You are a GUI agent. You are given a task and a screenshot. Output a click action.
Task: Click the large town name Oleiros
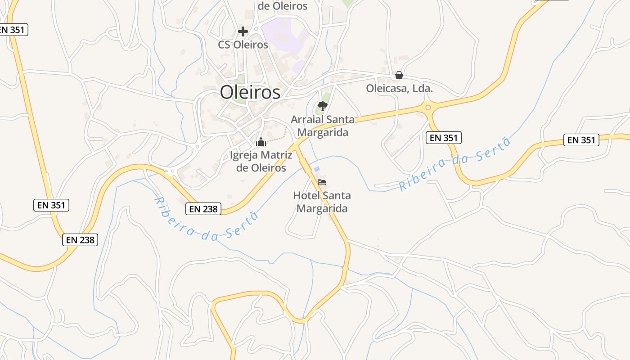click(x=250, y=92)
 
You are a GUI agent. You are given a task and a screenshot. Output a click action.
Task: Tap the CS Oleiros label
click(x=243, y=45)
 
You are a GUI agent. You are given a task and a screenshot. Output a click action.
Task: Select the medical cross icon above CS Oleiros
click(x=243, y=31)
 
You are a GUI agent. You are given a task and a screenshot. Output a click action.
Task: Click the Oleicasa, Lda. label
click(x=399, y=89)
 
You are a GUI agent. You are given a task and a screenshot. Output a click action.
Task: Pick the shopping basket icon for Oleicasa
click(x=399, y=75)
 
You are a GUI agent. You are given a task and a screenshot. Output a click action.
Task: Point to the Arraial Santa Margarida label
click(x=323, y=126)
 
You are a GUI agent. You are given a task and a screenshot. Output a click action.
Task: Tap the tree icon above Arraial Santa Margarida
click(x=322, y=106)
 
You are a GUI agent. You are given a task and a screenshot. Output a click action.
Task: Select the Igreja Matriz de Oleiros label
click(x=261, y=162)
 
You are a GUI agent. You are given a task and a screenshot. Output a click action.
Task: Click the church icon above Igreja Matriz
click(x=261, y=142)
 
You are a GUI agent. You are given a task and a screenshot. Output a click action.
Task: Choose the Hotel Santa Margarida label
click(x=322, y=202)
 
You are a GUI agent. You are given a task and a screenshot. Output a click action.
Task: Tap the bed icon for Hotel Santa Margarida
click(x=322, y=182)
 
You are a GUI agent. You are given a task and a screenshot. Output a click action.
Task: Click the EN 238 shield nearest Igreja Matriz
click(x=203, y=209)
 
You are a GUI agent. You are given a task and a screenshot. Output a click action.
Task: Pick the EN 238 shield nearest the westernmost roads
click(x=80, y=240)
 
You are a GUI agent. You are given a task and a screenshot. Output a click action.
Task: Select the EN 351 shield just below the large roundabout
click(x=444, y=138)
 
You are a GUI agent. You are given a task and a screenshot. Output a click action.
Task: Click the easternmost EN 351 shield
click(x=581, y=140)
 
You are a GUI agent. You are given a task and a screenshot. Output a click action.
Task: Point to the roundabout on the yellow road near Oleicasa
click(x=427, y=108)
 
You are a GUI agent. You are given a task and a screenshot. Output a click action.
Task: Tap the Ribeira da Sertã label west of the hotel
click(x=207, y=218)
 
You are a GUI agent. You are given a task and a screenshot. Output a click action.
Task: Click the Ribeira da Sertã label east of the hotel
click(x=455, y=165)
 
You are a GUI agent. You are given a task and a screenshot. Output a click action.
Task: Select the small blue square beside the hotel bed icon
click(x=317, y=169)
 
